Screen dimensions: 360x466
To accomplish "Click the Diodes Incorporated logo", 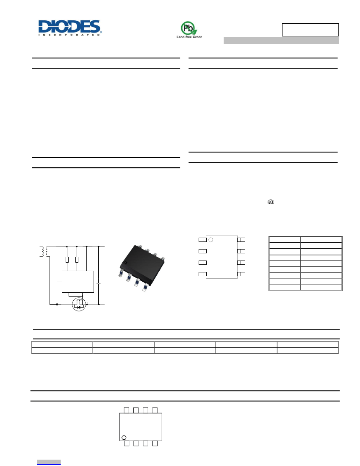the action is click(70, 28).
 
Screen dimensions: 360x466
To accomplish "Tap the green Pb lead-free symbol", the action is click(189, 28).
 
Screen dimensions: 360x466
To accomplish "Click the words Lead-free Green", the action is click(189, 37).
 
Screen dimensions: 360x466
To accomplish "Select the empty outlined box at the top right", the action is click(310, 30).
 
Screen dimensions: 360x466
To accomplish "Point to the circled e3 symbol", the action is click(271, 202).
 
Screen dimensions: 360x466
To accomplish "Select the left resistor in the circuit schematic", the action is click(67, 259).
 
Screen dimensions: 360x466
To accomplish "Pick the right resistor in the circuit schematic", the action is click(77, 259).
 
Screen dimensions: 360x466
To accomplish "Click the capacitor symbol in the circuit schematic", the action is click(99, 284).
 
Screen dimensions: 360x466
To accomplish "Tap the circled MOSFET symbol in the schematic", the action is click(79, 304).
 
